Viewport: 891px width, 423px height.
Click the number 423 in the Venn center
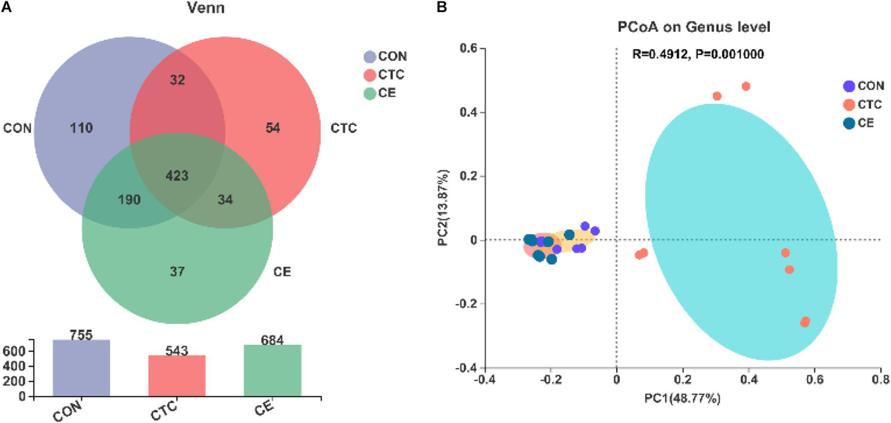(x=177, y=176)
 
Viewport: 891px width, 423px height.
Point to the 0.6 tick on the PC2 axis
(x=468, y=48)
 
